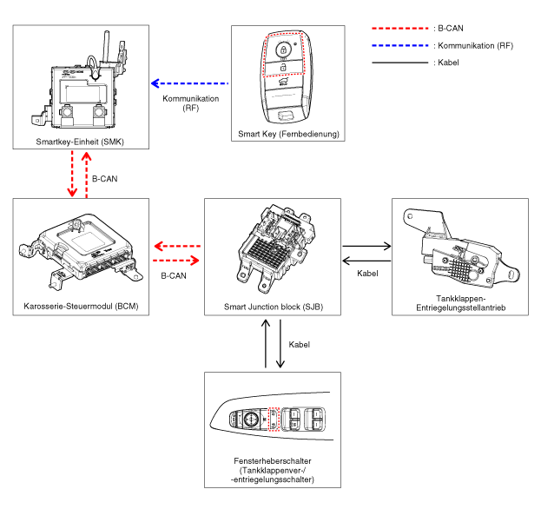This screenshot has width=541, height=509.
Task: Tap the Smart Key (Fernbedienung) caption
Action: click(288, 135)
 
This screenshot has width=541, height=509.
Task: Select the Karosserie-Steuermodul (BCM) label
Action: click(75, 307)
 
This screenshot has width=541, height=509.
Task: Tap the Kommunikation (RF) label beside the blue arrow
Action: click(190, 104)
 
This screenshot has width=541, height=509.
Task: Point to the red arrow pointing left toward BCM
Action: click(177, 246)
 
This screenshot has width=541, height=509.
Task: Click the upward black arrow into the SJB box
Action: click(264, 343)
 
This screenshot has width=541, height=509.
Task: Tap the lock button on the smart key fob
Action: click(281, 50)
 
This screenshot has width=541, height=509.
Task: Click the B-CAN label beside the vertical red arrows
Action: click(104, 178)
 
